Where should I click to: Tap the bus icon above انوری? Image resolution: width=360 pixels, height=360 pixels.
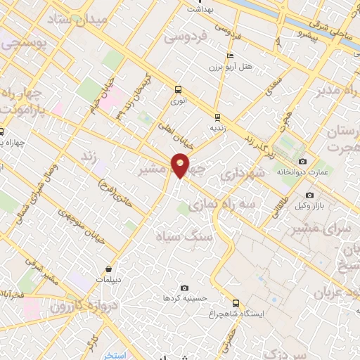[178, 89]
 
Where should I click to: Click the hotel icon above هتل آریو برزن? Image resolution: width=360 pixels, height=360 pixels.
[229, 56]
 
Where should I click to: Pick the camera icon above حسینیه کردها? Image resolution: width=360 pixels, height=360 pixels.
[184, 288]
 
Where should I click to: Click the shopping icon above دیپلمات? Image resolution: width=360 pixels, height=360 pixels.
[109, 268]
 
